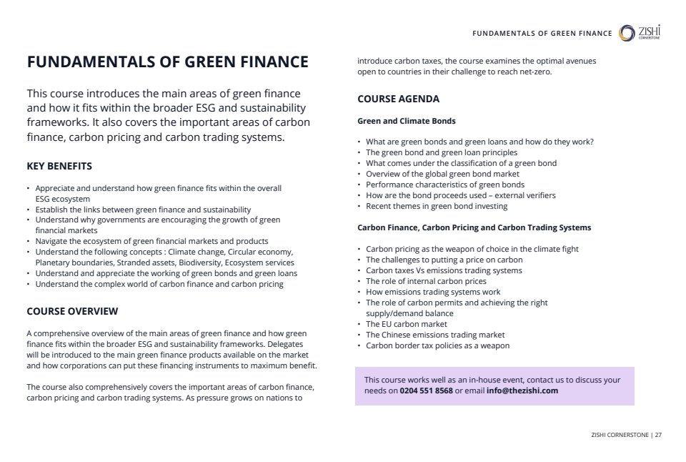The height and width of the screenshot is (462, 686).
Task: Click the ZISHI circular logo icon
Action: point(627,33)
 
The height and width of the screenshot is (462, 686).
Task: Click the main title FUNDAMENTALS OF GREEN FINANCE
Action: point(167,62)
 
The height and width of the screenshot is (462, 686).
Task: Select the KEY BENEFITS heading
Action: point(59,167)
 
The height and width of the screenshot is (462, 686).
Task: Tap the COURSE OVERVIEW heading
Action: point(72,311)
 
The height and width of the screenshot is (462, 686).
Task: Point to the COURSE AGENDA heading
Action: point(398,99)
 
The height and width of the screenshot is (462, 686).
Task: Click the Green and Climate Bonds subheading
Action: point(406,121)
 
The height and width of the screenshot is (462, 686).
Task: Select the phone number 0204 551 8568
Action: point(426,391)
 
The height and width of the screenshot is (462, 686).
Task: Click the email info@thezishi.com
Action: point(522,391)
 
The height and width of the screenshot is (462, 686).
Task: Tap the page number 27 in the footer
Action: point(658,434)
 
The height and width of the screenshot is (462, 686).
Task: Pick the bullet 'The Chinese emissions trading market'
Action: point(434,335)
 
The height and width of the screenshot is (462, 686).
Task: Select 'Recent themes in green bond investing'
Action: point(436,206)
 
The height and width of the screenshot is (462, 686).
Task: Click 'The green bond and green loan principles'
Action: point(441,152)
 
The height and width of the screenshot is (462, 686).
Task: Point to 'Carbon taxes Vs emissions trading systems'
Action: point(444,270)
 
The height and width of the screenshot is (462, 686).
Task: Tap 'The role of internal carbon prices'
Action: point(426,281)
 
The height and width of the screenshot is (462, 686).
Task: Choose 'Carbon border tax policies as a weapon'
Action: point(437,345)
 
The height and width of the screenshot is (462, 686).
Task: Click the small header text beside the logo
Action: point(542,34)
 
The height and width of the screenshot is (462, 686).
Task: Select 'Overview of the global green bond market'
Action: point(442,174)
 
